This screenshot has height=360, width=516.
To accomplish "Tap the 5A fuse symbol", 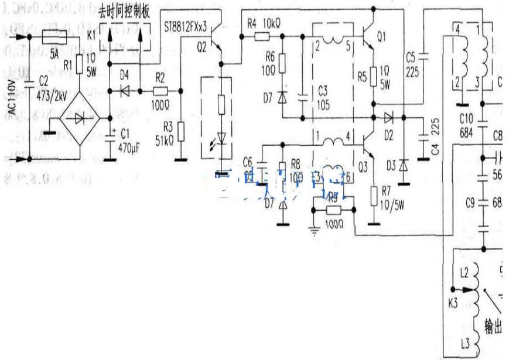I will pos(56,39).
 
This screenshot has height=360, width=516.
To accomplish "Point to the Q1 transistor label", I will pos(381,36).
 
